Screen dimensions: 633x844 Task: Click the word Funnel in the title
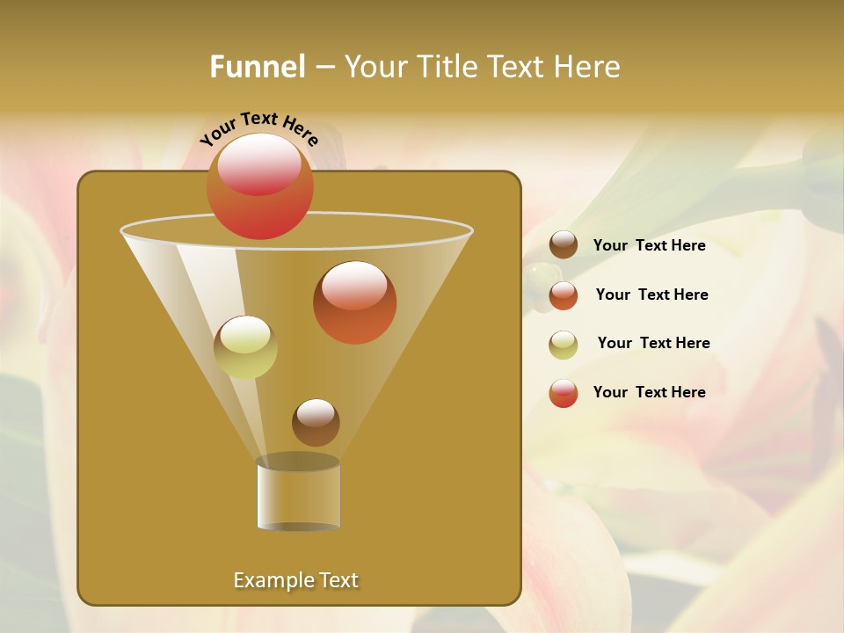pos(258,67)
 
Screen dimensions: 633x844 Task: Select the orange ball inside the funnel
pos(354,302)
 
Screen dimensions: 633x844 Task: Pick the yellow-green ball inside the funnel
pos(245,347)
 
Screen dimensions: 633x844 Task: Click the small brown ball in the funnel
pos(316,422)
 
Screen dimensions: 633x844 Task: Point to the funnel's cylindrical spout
pos(298,494)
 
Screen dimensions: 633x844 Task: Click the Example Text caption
pos(295,580)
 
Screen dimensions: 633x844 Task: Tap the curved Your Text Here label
pos(259,128)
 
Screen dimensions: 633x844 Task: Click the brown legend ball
pos(564,245)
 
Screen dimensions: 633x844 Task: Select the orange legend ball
pos(564,295)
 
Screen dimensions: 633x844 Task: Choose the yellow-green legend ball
pos(564,345)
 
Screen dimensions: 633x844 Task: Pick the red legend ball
pos(564,393)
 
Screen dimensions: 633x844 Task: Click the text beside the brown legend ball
pos(649,245)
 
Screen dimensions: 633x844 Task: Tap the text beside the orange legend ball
pos(651,295)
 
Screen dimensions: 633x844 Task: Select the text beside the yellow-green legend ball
pos(653,343)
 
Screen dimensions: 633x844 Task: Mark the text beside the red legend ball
pos(649,392)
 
